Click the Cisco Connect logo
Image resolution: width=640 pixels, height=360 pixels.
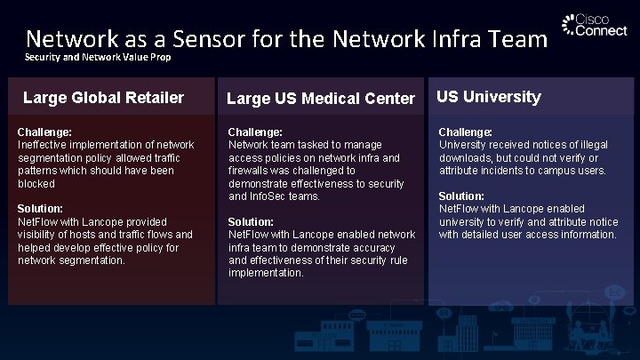point(588,26)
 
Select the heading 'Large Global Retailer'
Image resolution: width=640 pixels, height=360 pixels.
point(103,97)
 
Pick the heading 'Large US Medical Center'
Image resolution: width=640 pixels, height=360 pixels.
point(321,98)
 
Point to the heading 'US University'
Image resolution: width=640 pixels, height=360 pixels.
point(488,97)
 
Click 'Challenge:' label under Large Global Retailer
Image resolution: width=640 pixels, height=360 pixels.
point(45,132)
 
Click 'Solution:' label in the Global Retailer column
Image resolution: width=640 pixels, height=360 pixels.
point(40,209)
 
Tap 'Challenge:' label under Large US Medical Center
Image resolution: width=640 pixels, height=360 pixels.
point(255,132)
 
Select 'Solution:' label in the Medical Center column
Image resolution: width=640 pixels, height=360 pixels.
point(250,221)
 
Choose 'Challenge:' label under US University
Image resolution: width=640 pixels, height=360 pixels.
point(466,132)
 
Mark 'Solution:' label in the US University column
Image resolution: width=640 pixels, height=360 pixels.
point(460,196)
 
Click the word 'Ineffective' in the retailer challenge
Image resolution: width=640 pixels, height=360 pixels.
point(46,145)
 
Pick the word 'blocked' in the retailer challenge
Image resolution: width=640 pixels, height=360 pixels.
point(36,184)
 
